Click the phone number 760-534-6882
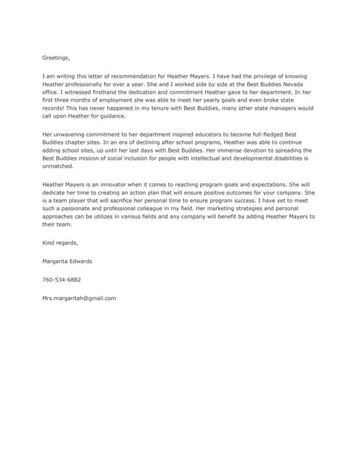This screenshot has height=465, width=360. pos(62,280)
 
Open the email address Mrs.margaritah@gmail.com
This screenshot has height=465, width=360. pos(79,298)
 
